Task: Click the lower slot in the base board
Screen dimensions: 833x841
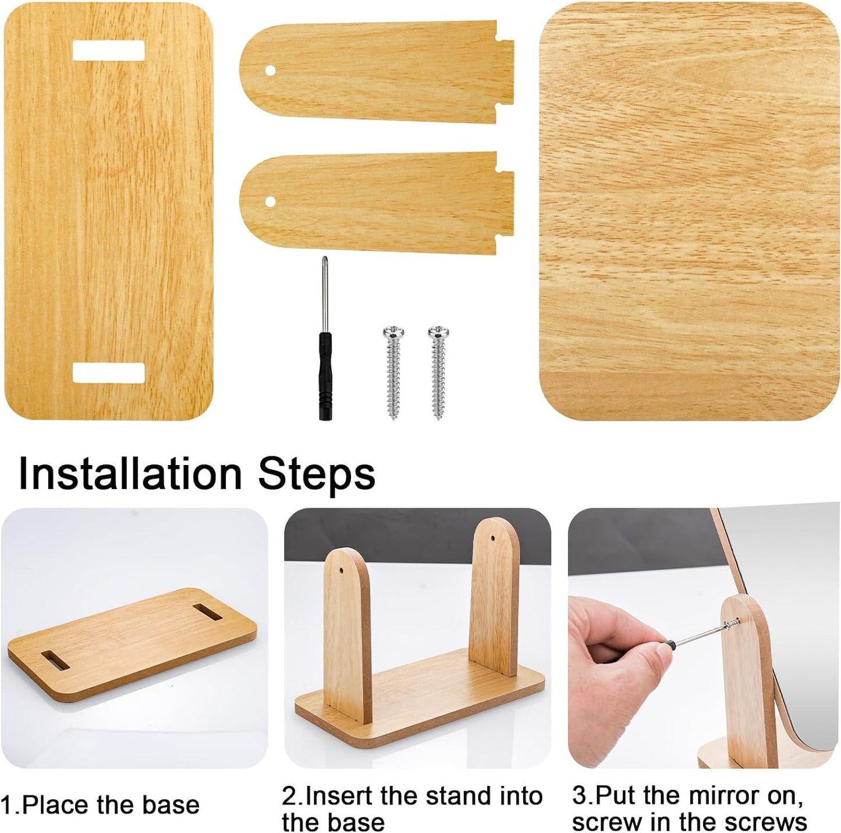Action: pos(108,373)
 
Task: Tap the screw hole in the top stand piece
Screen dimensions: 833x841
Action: pos(270,70)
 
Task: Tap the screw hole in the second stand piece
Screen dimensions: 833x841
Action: pos(270,201)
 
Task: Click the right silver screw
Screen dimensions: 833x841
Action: pos(438,373)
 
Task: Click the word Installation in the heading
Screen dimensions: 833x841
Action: pos(130,473)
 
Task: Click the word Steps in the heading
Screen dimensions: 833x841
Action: pos(317,473)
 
